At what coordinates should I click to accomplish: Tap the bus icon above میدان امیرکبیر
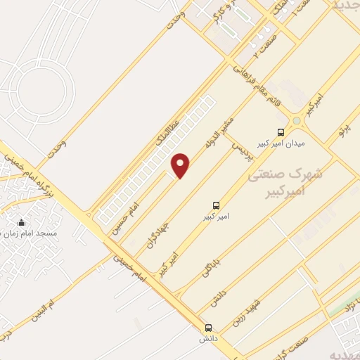pyautogui.click(x=281, y=131)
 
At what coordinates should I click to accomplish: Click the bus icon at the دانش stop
pyautogui.click(x=208, y=328)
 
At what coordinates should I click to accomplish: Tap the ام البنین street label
pyautogui.click(x=46, y=309)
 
